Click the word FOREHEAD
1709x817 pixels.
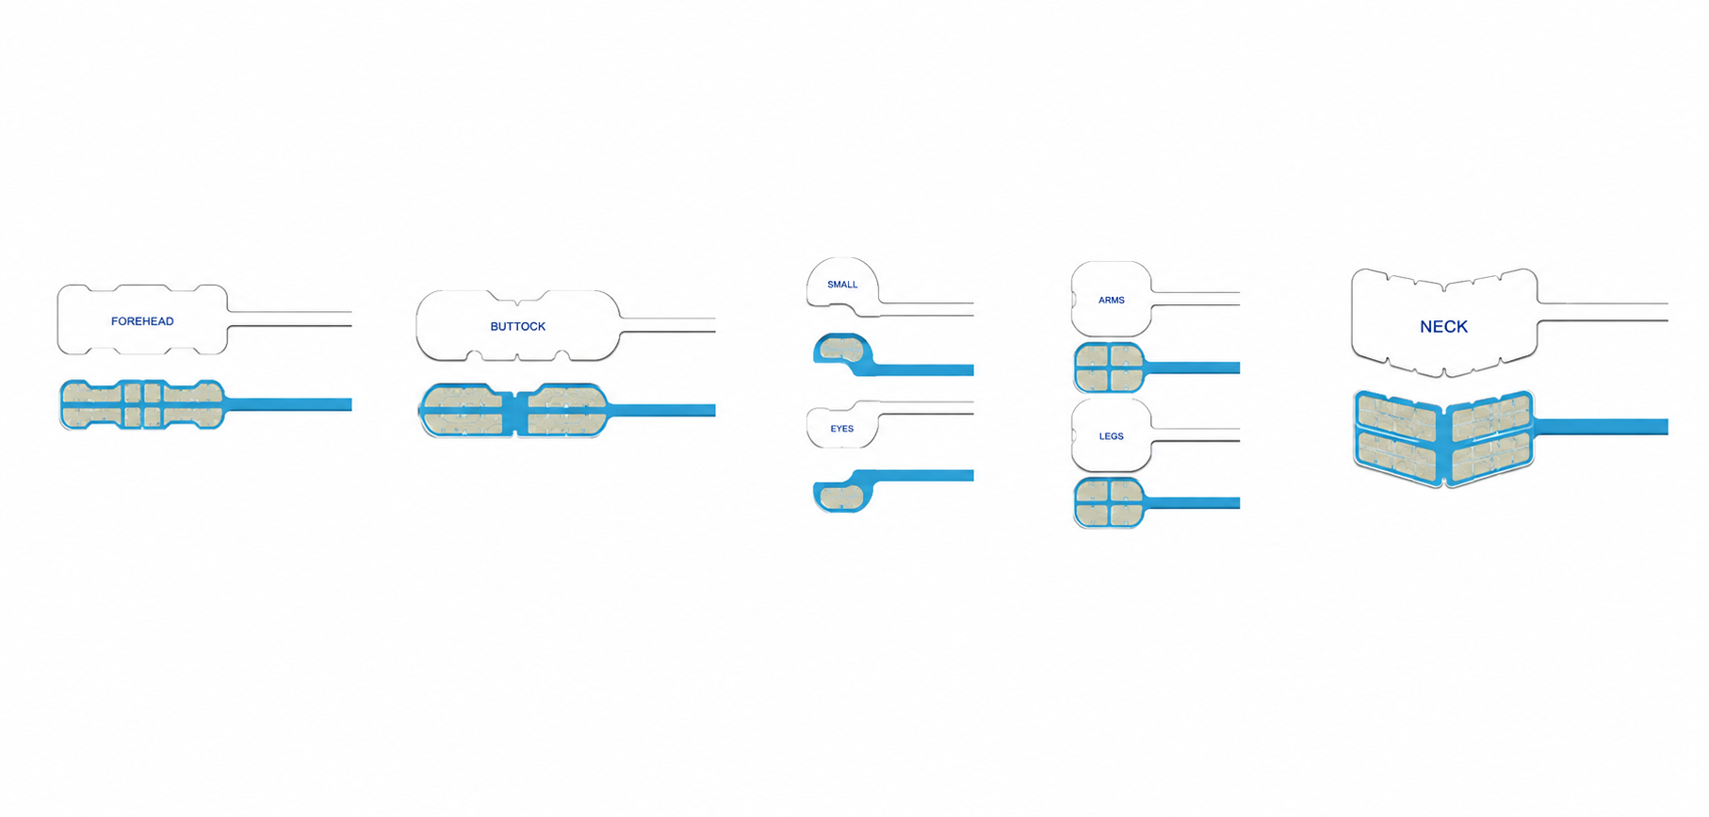(x=142, y=321)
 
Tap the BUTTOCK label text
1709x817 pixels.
(x=518, y=326)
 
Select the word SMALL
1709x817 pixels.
(x=842, y=285)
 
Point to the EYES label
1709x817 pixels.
(x=842, y=429)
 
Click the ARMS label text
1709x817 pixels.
(x=1112, y=301)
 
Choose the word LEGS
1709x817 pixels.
(x=1112, y=436)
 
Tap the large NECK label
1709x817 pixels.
(x=1443, y=327)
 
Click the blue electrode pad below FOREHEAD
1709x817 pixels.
(x=142, y=404)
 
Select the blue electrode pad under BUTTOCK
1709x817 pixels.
(x=514, y=410)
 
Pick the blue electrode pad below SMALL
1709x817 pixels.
(x=842, y=351)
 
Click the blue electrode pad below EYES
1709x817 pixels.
(x=842, y=495)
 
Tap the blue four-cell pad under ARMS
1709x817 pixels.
(x=1110, y=368)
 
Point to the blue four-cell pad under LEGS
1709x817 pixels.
(x=1110, y=502)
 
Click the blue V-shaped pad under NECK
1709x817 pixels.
(x=1443, y=438)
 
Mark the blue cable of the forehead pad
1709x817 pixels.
(x=289, y=404)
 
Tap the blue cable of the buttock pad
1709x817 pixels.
(x=662, y=410)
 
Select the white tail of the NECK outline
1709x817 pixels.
(x=1603, y=312)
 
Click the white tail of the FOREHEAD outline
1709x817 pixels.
(x=290, y=319)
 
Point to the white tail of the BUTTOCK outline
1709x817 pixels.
(x=668, y=325)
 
